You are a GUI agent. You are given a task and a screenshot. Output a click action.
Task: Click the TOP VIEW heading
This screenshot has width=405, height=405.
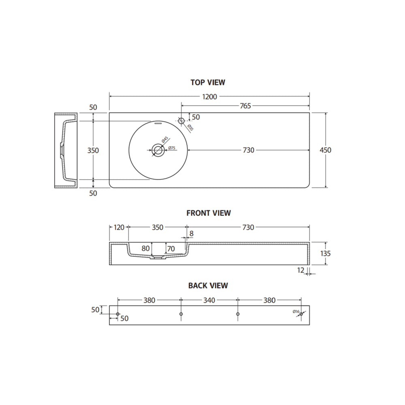208,82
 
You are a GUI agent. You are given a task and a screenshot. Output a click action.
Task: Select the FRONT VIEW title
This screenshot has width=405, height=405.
209,213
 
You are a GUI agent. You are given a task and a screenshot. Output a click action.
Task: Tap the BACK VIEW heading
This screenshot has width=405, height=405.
208,286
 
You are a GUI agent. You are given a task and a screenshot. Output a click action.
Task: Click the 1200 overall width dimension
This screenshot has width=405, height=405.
209,97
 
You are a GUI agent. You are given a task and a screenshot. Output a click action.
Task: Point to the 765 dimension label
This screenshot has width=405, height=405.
245,106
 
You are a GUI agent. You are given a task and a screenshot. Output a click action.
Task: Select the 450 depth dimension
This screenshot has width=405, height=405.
326,150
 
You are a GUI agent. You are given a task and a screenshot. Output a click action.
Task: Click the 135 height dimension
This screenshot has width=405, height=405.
325,254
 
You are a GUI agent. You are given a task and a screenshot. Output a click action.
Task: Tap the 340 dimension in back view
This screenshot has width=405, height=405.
209,300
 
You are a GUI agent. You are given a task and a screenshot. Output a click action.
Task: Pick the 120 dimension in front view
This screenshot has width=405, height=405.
119,227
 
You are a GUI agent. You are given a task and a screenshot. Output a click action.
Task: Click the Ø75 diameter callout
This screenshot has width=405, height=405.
172,148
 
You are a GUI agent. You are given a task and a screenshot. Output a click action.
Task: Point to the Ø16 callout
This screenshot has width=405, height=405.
296,311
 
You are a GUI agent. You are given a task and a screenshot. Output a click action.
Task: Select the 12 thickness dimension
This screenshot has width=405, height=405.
301,270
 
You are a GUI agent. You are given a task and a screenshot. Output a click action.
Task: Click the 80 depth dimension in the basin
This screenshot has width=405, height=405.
145,249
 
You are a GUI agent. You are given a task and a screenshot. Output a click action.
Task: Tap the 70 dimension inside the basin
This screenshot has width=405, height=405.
171,249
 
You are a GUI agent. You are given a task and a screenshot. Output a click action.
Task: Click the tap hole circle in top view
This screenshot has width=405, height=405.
181,120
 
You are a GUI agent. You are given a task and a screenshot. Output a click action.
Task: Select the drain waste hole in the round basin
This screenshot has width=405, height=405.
158,150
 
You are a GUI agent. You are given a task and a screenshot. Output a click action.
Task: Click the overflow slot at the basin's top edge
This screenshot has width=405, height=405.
158,124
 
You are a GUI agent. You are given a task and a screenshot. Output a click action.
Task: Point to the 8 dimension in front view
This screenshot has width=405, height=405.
192,234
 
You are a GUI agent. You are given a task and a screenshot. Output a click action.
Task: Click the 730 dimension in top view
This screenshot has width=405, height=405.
249,150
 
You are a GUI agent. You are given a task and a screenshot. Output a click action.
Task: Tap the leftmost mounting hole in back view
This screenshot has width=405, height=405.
118,314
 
